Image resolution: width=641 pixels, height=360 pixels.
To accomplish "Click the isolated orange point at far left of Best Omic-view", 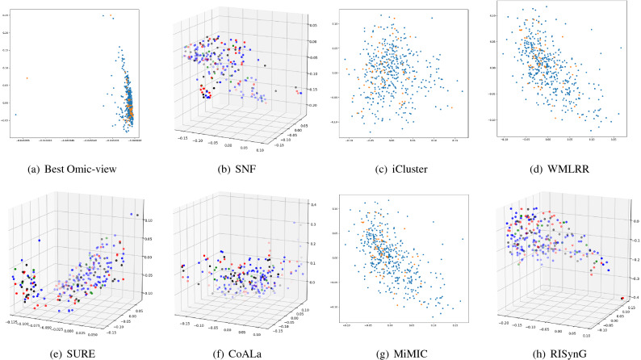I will pos(27,78).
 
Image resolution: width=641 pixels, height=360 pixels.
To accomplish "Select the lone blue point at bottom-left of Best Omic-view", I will pos(15,115).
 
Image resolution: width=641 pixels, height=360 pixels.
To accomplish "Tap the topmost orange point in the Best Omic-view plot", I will pos(111,15).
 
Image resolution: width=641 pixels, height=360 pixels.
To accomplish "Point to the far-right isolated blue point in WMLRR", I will pos(620,48).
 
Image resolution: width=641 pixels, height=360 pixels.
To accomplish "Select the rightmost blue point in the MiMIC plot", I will pos(462,239).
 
